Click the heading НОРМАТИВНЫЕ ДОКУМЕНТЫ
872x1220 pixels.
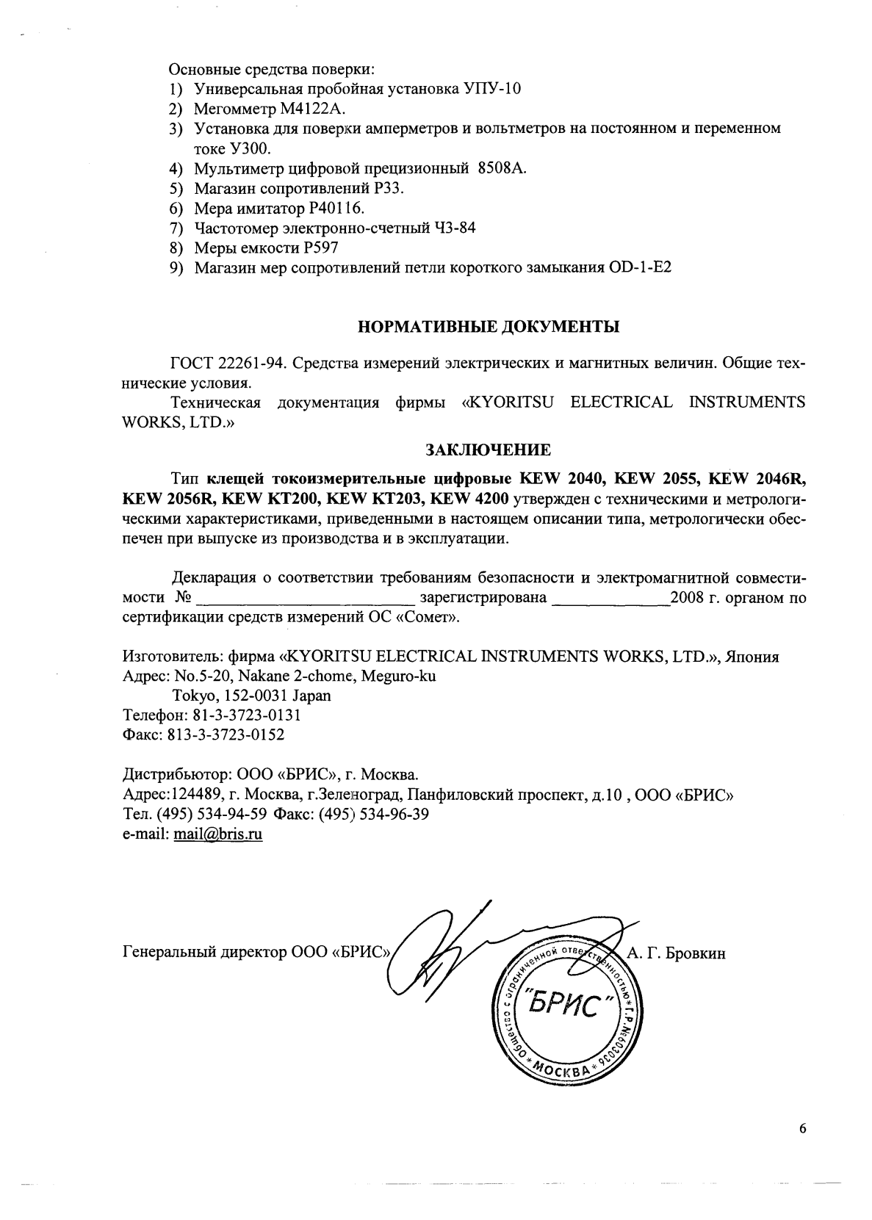(488, 327)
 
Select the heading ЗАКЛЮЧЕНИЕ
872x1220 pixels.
(488, 448)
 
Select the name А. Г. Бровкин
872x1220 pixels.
(676, 953)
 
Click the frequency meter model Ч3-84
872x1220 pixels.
(453, 228)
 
